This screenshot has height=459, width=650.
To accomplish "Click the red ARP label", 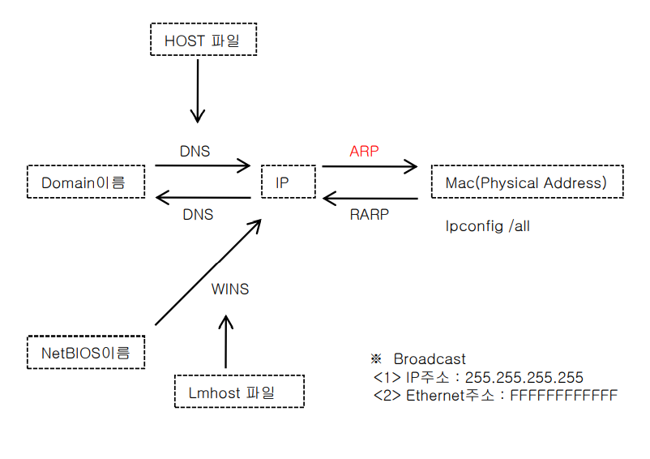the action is (364, 152).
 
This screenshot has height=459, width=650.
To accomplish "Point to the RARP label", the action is (370, 214).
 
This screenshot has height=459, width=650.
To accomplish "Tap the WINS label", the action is (230, 289).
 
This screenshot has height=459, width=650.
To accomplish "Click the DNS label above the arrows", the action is (195, 152).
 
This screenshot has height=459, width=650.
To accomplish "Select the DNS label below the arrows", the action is (198, 214).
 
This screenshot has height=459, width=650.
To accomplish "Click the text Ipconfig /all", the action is (488, 226).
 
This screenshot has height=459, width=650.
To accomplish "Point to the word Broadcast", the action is (430, 358).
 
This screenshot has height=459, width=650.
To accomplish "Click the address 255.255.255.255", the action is (524, 377).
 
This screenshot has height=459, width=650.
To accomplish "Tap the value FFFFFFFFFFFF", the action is (564, 395).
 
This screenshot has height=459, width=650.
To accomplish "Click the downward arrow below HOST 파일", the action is (198, 91).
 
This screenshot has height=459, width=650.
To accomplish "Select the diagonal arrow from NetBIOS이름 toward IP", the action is (208, 272).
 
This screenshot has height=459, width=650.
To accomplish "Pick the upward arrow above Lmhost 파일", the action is (226, 341).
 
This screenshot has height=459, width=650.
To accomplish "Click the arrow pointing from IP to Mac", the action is (370, 167).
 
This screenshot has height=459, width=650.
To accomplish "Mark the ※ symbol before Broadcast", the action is (376, 358).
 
